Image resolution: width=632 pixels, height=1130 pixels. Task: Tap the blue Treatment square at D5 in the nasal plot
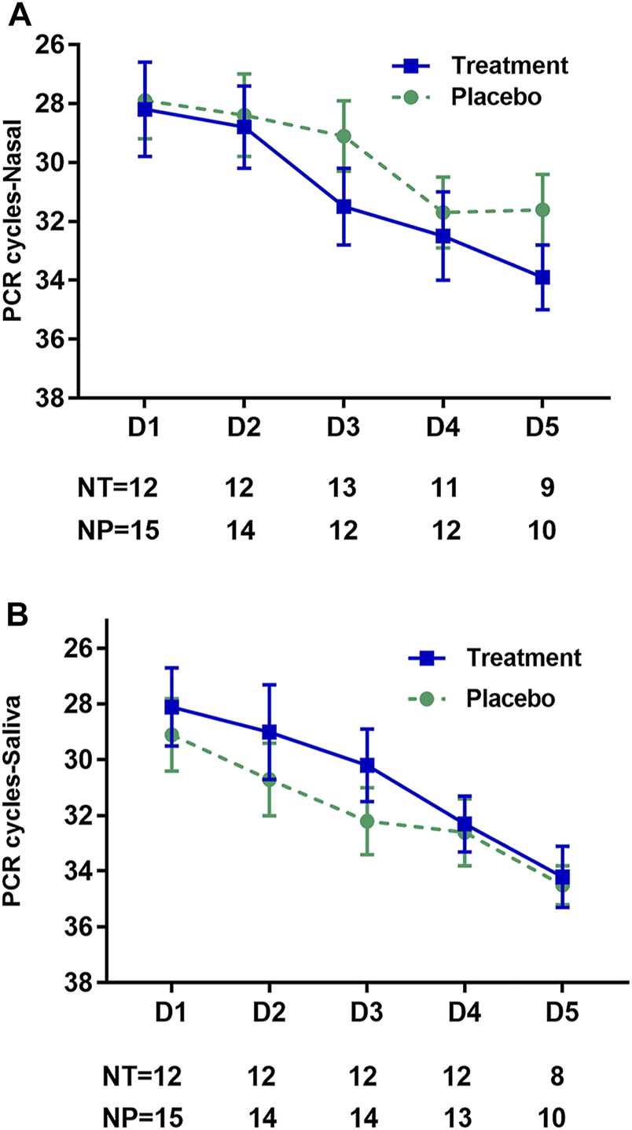[x=542, y=277]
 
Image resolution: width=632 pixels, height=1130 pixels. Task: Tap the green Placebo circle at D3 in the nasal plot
[x=344, y=136]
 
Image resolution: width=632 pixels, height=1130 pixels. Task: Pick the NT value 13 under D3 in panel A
[x=344, y=489]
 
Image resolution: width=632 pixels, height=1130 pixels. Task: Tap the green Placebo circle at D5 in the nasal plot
[x=542, y=209]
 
